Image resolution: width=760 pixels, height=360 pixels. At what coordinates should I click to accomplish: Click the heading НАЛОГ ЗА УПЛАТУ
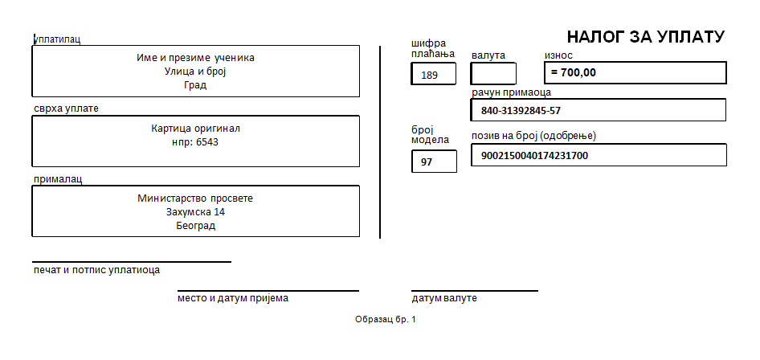point(646,37)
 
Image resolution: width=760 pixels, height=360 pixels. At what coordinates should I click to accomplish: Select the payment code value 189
point(430,75)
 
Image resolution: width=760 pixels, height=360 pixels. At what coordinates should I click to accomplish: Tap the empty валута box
point(493,73)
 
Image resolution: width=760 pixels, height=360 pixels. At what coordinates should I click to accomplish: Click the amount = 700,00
point(574,72)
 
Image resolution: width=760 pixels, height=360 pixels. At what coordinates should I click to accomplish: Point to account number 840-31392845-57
point(521,110)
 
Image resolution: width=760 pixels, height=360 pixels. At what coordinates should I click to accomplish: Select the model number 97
point(427,162)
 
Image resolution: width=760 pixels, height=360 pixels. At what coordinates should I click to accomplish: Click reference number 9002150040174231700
point(534,156)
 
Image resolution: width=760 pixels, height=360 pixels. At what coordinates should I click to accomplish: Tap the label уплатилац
point(57,39)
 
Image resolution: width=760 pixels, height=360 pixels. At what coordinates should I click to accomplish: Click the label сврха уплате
point(66,108)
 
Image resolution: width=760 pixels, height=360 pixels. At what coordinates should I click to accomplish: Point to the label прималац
point(58,178)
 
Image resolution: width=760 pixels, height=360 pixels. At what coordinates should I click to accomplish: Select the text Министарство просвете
point(195,198)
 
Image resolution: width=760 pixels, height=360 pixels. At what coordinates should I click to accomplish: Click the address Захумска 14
point(195,211)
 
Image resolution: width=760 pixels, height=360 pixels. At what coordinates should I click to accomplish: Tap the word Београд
point(196,226)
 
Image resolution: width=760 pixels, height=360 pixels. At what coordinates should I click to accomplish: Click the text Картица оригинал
point(195,129)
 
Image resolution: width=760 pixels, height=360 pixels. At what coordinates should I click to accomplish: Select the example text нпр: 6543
point(195,142)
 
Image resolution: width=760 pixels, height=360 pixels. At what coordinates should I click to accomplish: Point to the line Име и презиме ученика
point(195,58)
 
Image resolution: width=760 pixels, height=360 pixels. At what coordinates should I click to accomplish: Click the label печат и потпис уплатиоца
point(96,270)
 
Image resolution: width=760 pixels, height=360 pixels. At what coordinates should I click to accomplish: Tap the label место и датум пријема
point(233,298)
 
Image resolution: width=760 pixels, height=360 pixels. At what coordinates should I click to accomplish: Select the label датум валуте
point(444,298)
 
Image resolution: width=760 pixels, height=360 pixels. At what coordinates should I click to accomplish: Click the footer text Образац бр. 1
point(386,319)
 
